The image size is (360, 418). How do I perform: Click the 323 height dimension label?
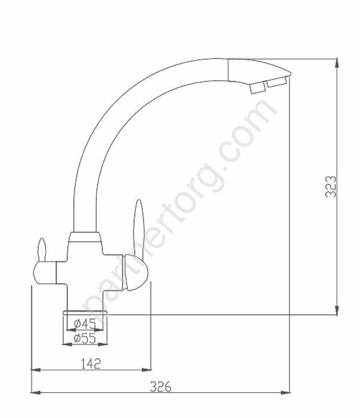(331, 186)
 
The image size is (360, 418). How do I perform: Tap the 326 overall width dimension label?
(161, 386)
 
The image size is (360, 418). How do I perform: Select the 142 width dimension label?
(91, 364)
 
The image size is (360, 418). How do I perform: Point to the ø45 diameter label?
(85, 324)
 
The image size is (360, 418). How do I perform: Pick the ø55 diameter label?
(85, 339)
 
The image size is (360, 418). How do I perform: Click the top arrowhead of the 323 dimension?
(337, 63)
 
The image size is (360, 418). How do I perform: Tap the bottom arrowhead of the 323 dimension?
(337, 310)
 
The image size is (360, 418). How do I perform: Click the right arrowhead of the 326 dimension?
(285, 393)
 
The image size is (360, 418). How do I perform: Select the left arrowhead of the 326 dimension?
(36, 393)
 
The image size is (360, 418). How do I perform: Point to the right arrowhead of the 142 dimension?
(146, 370)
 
